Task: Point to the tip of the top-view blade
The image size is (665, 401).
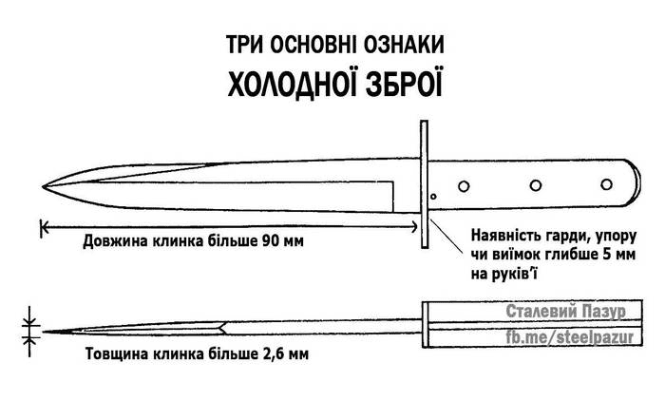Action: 43,186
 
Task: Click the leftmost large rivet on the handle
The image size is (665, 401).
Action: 464,186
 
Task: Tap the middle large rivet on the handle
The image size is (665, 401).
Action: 536,185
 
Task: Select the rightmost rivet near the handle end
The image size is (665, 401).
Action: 607,184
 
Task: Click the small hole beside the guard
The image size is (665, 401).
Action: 433,197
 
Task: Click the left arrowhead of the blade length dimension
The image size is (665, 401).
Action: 44,228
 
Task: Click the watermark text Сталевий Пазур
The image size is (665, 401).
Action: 566,311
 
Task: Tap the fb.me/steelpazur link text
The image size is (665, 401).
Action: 569,337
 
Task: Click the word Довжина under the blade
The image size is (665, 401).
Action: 115,241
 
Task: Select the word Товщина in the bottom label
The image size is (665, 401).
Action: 117,353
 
